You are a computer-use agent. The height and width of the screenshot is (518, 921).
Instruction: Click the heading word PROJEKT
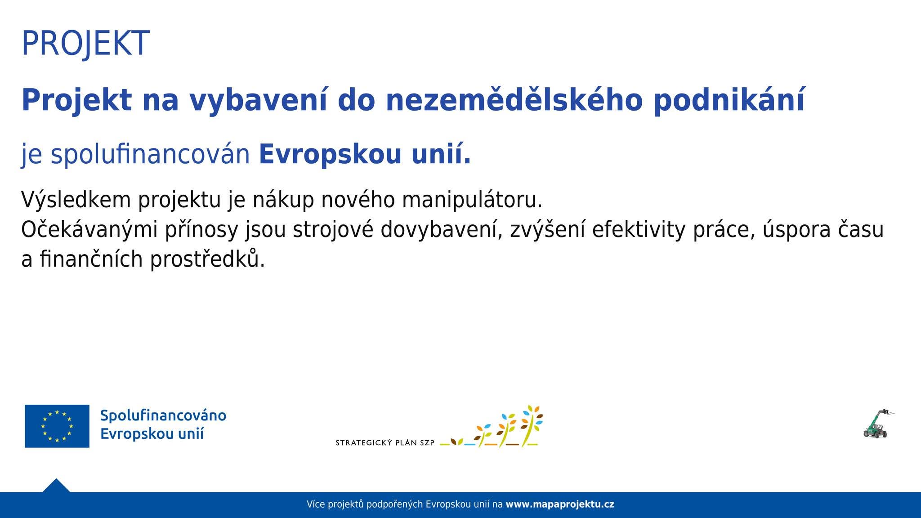click(85, 44)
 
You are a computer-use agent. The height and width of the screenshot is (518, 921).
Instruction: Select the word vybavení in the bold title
click(258, 101)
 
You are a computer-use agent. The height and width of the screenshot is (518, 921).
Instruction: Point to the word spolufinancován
click(150, 155)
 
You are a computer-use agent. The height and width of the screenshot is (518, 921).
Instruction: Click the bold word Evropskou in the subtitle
click(330, 155)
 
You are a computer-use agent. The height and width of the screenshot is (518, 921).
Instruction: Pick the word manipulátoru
click(472, 200)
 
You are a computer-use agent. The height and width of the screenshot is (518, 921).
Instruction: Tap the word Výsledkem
click(76, 200)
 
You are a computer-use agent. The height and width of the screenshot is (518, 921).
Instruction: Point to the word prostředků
click(207, 259)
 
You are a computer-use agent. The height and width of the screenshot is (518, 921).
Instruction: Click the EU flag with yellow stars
click(57, 426)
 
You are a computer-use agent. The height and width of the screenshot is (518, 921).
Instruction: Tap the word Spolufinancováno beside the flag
click(163, 415)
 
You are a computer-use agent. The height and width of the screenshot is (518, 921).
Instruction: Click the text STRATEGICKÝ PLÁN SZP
click(385, 443)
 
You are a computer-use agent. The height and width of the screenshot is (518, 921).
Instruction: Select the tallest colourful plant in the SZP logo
click(532, 425)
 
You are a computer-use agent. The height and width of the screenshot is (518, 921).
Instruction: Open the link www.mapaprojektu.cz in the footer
click(560, 505)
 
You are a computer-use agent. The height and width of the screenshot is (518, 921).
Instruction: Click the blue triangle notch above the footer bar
click(56, 486)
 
